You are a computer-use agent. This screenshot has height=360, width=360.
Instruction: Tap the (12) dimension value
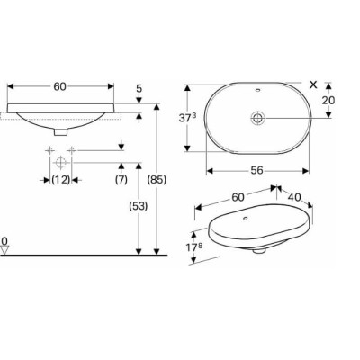[x=61, y=180]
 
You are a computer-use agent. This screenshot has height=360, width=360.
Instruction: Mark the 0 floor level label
[x=5, y=241]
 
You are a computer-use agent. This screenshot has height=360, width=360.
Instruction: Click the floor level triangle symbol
[x=6, y=251]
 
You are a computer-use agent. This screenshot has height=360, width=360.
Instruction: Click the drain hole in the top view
[x=256, y=117]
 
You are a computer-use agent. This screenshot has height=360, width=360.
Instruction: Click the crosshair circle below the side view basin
[x=61, y=161]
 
